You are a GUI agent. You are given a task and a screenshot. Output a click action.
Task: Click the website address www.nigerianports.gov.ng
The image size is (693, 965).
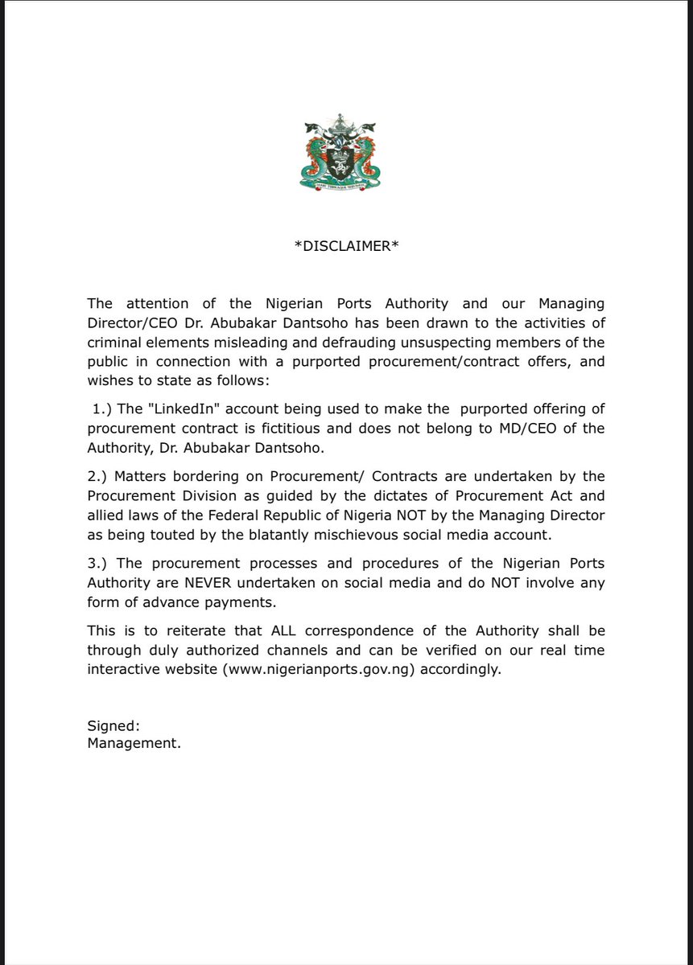(x=348, y=670)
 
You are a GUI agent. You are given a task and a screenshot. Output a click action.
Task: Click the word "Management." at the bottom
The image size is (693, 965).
(x=134, y=744)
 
